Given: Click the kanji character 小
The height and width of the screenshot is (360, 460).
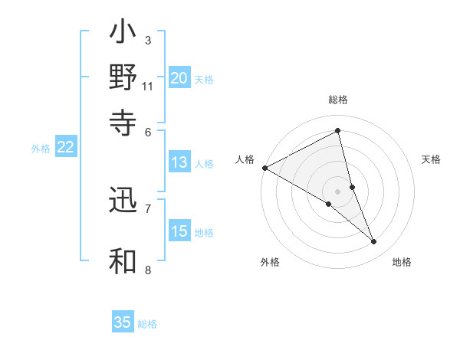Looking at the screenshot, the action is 123,34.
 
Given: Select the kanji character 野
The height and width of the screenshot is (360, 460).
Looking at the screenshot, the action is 123,78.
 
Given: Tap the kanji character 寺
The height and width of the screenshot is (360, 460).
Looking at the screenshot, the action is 123,122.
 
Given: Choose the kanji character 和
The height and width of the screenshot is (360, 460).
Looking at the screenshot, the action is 123,260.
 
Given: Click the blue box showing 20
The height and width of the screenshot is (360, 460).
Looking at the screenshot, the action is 179,78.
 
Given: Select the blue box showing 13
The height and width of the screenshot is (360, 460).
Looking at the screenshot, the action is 179,162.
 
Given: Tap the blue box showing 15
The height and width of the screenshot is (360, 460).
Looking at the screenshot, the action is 179,232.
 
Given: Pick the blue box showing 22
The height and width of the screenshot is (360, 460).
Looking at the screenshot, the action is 65,148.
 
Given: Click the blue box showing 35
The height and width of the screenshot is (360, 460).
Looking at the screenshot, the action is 123,322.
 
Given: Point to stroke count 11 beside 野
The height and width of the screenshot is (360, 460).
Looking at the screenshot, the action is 148,87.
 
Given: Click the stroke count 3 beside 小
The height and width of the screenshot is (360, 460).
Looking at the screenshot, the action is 147,40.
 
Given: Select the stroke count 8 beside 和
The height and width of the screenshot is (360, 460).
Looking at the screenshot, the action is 147,270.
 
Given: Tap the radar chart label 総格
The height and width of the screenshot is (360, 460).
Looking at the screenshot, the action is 338,100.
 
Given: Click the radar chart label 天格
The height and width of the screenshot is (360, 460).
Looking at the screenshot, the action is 431,159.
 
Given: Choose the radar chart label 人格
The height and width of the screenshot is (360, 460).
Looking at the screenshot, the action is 245,159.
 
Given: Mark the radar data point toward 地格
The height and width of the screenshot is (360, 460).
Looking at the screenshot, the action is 374,242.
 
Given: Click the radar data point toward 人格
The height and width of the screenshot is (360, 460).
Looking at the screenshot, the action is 264,168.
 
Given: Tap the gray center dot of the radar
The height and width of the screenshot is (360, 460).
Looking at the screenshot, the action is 338,191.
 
